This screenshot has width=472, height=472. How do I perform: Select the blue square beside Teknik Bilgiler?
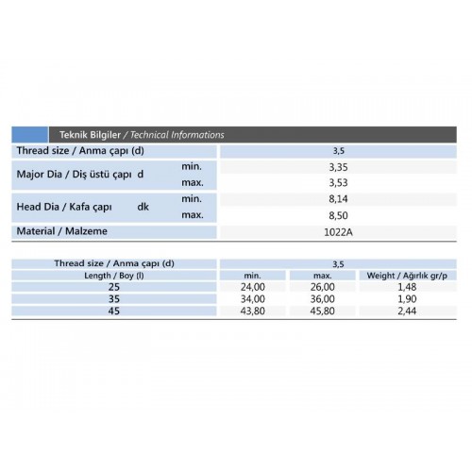(29, 135)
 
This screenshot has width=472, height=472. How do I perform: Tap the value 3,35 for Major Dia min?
(337, 166)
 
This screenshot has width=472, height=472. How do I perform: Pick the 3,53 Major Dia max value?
(337, 182)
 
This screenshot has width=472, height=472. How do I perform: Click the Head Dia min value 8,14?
(337, 199)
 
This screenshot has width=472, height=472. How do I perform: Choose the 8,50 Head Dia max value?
(337, 215)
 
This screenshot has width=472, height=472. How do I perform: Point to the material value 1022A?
(337, 232)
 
